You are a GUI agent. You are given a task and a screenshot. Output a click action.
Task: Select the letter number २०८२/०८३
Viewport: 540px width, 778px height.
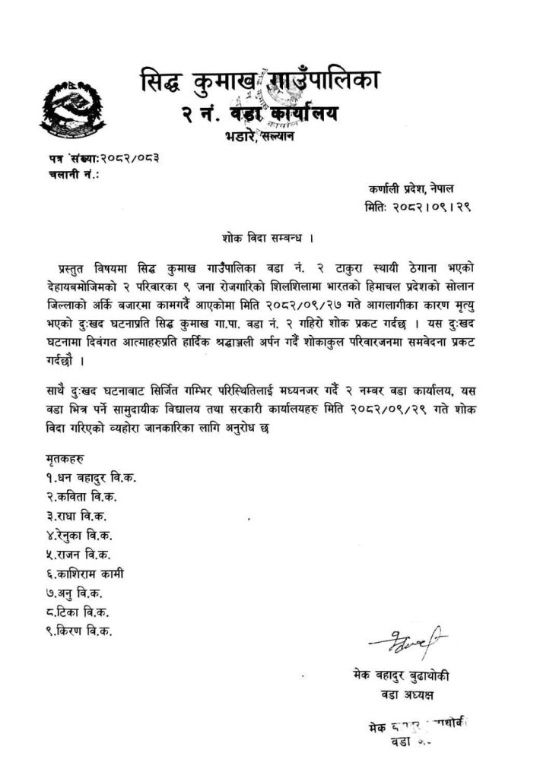tap(129, 160)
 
